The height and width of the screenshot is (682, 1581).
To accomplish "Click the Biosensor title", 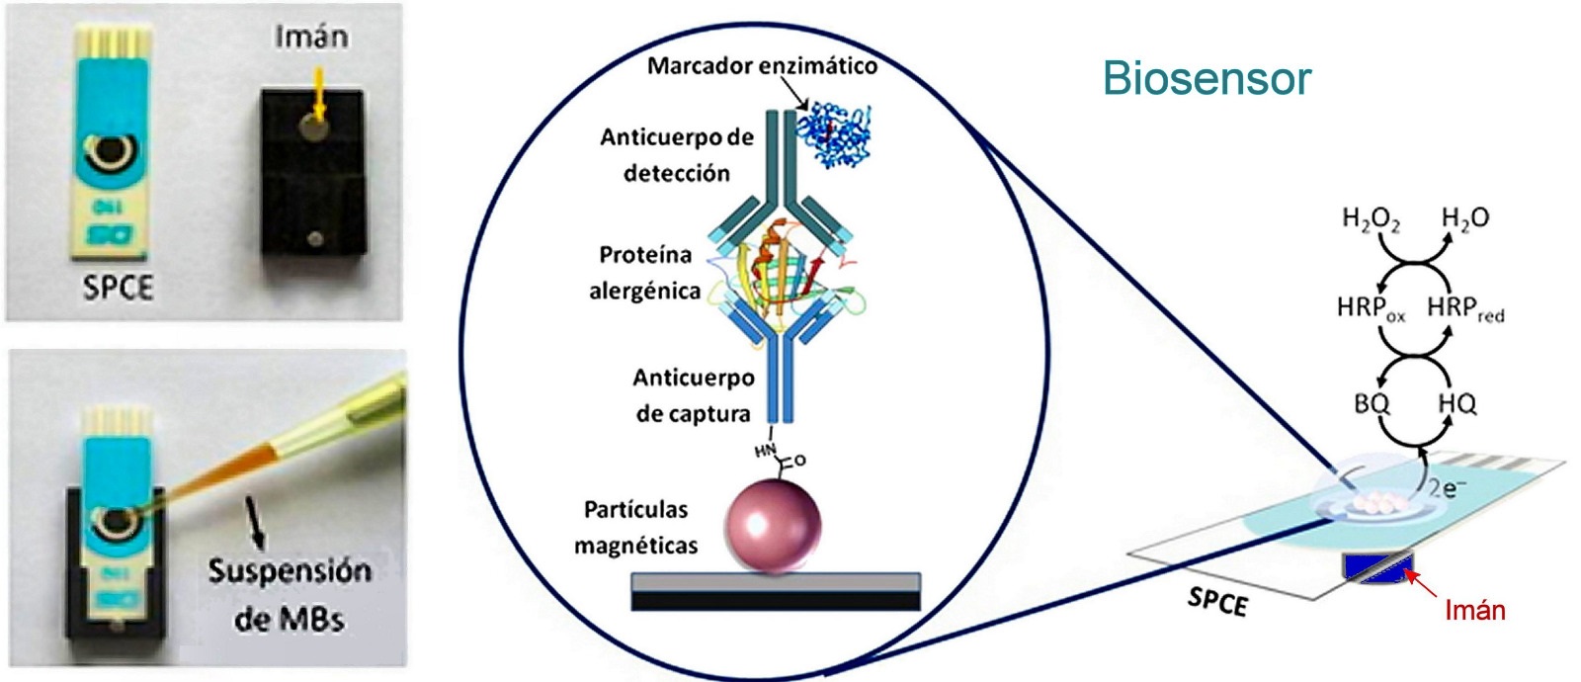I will coord(1207,78).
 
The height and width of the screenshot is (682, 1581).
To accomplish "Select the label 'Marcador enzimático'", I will coord(762,66).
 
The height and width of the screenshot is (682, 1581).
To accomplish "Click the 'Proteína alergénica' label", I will coord(645,273).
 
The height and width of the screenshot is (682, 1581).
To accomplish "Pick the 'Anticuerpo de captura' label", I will coord(694,395).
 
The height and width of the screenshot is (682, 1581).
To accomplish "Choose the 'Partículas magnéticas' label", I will coord(636,527).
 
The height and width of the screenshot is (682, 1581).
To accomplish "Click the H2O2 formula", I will coord(1371,219).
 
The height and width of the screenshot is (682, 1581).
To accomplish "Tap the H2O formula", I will coord(1464,218).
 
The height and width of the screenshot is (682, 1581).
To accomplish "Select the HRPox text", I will coord(1371,309).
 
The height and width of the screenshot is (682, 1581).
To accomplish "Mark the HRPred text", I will coord(1465,309).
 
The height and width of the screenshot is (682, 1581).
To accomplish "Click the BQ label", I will coord(1371,403).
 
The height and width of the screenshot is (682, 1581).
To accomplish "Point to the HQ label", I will coord(1457,403).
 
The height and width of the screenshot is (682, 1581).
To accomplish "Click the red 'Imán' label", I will coord(1474,610).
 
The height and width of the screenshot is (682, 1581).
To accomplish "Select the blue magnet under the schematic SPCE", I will coord(1377,567).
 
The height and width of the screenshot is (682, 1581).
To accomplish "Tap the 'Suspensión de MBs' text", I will coord(290,594).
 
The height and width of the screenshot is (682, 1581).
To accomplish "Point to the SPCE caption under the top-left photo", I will coord(118,287).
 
